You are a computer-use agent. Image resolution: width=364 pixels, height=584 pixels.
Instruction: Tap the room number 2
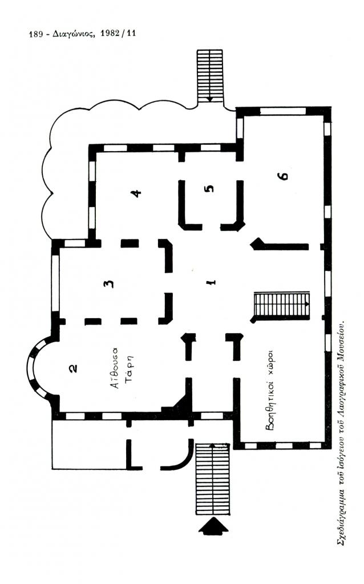click(x=74, y=368)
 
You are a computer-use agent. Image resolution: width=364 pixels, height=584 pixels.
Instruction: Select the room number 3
click(x=108, y=284)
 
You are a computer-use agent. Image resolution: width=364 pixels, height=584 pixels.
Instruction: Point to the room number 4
click(x=137, y=193)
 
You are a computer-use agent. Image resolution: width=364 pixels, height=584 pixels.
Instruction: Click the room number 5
click(x=210, y=188)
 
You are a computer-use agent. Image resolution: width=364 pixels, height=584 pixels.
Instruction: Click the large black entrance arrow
click(x=213, y=526)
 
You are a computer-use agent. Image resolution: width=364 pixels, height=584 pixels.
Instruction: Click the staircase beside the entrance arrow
click(x=212, y=479)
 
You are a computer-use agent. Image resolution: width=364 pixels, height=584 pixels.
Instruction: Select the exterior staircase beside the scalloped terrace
click(x=211, y=76)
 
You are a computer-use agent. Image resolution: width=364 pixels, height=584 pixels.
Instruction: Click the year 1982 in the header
click(x=110, y=34)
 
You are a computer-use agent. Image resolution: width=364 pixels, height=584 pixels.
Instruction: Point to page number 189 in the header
click(x=36, y=34)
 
